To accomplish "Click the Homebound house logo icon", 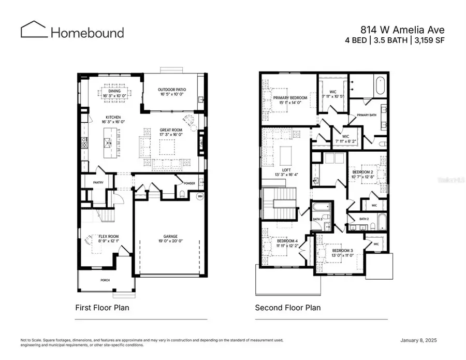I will tap(34, 30).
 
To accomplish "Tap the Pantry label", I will tap(98, 182).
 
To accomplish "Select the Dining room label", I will tap(114, 91).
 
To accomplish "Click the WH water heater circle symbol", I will tap(200, 196).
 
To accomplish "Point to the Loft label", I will tap(286, 170).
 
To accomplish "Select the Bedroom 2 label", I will tap(363, 172).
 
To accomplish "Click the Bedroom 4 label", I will tap(287, 241).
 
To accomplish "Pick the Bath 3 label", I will tap(317, 219).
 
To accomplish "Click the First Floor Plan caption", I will tap(103, 308).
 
